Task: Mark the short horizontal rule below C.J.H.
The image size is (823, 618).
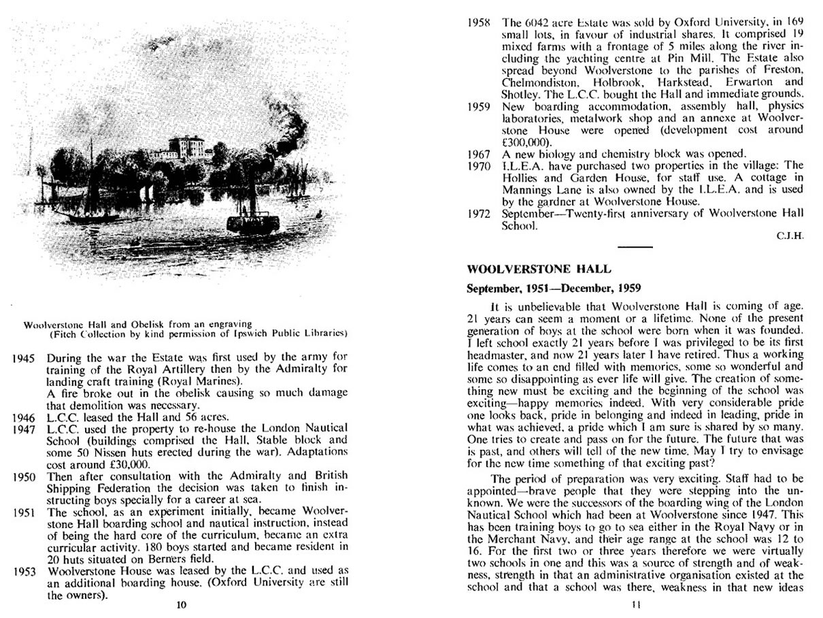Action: [x=636, y=246]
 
